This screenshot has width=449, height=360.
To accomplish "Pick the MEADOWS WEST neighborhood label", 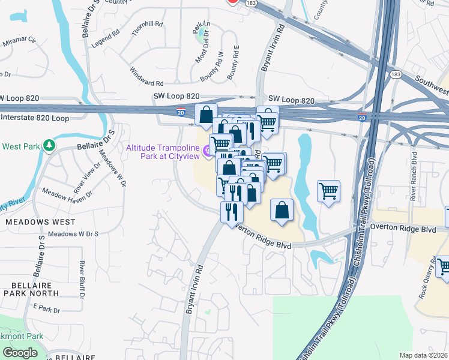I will (40, 221).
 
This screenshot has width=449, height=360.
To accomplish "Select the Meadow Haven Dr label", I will (67, 193).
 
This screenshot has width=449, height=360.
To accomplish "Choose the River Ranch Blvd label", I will (414, 175).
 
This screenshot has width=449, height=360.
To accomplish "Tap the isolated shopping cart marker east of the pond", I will (328, 191).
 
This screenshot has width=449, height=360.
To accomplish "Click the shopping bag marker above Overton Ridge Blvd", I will (282, 210).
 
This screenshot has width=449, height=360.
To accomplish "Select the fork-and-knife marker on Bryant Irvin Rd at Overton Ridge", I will (231, 212).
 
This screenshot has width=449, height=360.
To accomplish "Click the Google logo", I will (20, 352).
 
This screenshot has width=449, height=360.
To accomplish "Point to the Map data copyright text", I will (423, 356).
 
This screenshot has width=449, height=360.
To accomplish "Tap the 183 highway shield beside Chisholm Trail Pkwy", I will (394, 74).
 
